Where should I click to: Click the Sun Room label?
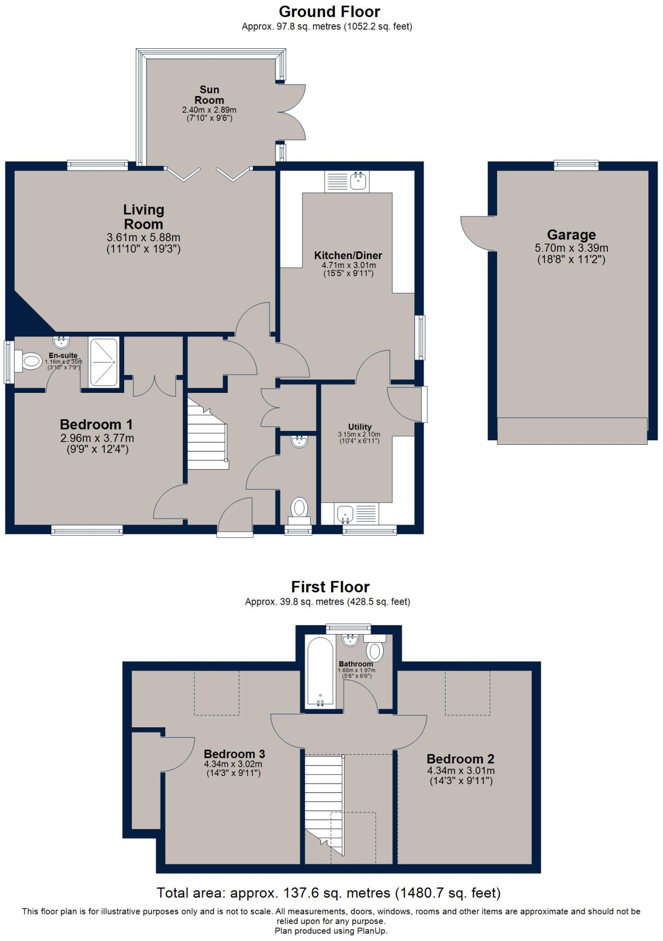(x=209, y=95)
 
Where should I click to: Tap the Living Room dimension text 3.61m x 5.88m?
(x=143, y=238)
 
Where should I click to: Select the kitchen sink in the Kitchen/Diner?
(x=358, y=181)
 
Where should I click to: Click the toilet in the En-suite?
(x=30, y=361)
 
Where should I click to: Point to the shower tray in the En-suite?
(x=103, y=362)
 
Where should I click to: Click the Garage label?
(x=571, y=235)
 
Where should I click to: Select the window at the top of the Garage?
(x=576, y=165)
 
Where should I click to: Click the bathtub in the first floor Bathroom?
(x=320, y=671)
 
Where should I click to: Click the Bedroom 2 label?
(x=461, y=759)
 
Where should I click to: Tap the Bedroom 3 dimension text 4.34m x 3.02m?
(x=234, y=764)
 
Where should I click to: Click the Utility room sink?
(x=345, y=513)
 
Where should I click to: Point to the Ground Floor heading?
(x=329, y=11)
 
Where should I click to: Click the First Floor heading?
(x=330, y=587)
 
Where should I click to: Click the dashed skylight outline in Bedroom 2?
(x=467, y=692)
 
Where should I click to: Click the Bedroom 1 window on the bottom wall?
(x=87, y=530)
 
